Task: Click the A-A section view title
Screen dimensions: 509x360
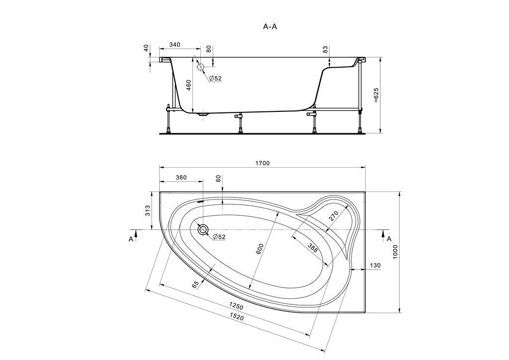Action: [270, 27]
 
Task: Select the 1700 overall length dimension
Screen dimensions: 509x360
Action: [262, 163]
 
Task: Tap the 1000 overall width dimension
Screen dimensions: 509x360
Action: [395, 252]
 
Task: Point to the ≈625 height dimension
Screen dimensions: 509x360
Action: [376, 95]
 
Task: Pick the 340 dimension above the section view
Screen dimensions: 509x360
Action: [174, 44]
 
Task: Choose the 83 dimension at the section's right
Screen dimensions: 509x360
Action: [325, 50]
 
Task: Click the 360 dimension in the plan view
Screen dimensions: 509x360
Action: [181, 178]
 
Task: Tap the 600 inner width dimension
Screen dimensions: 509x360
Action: [261, 249]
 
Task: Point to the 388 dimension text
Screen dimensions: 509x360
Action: [313, 248]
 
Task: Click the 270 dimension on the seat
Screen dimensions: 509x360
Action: [334, 216]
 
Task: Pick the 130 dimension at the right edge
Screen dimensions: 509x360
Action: [375, 266]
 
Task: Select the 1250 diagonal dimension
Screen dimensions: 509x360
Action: [236, 306]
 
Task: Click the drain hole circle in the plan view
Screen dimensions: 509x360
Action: [203, 230]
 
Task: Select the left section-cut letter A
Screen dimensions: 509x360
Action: [131, 239]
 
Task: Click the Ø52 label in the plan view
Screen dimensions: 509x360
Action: [219, 237]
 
